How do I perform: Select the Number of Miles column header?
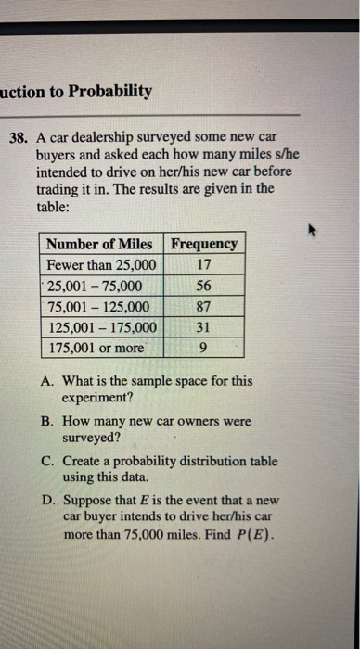pyautogui.click(x=100, y=244)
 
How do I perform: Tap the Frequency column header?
pyautogui.click(x=205, y=244)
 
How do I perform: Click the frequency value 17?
pyautogui.click(x=205, y=265)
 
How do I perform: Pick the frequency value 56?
pyautogui.click(x=205, y=286)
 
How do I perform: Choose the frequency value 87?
pyautogui.click(x=205, y=307)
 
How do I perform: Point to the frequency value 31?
pyautogui.click(x=205, y=328)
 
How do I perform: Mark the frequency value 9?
pyautogui.click(x=205, y=349)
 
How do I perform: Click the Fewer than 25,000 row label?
pyautogui.click(x=101, y=265)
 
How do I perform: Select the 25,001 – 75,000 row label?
pyautogui.click(x=95, y=286)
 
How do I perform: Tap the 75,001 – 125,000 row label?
pyautogui.click(x=98, y=307)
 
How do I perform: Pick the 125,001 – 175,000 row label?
pyautogui.click(x=102, y=328)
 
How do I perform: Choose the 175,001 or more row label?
pyautogui.click(x=96, y=349)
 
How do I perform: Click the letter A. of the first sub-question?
pyautogui.click(x=49, y=381)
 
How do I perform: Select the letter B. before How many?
pyautogui.click(x=49, y=420)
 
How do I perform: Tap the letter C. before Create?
pyautogui.click(x=49, y=460)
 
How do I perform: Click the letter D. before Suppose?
pyautogui.click(x=49, y=499)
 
